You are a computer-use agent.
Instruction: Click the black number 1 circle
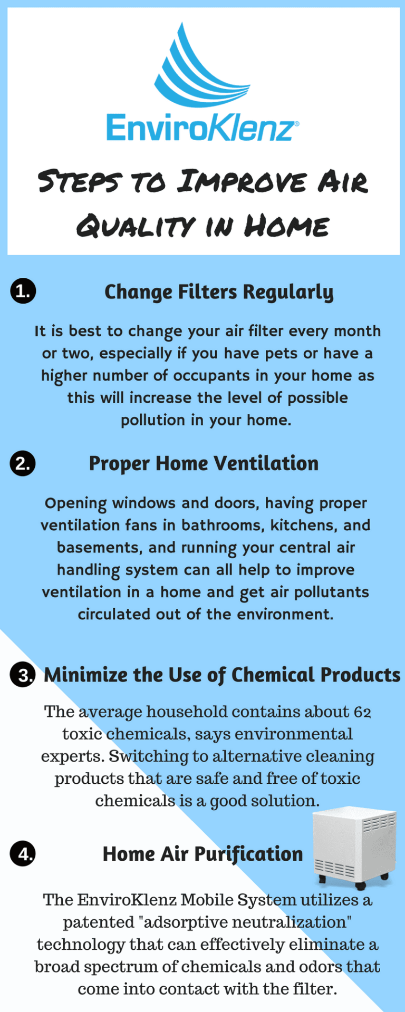23,291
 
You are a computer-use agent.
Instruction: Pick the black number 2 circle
23,463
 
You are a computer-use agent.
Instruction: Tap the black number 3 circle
23,675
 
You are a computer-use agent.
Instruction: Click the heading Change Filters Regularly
219,292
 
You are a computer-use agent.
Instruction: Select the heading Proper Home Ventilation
204,463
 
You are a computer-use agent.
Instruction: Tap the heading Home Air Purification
202,854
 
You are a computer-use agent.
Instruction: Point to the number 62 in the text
362,712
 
